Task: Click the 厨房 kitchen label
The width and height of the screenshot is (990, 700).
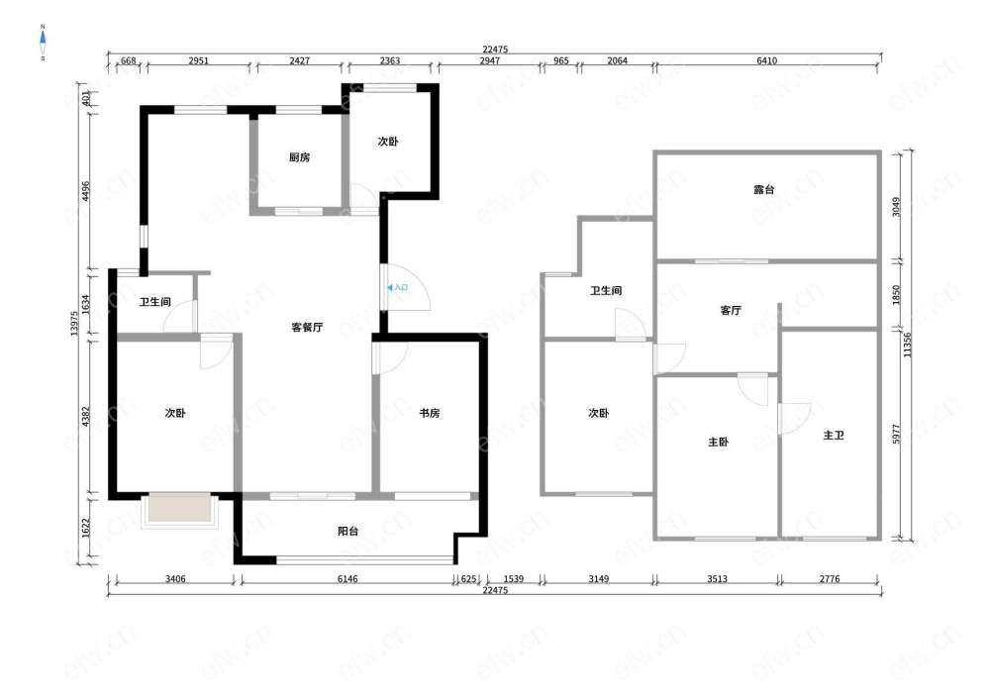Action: pyautogui.click(x=299, y=157)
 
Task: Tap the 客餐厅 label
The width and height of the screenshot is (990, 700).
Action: pyautogui.click(x=308, y=327)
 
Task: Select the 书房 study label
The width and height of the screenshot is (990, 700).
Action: pyautogui.click(x=430, y=413)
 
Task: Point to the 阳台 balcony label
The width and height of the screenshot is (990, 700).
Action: pyautogui.click(x=347, y=531)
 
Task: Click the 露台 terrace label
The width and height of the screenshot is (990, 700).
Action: pyautogui.click(x=764, y=189)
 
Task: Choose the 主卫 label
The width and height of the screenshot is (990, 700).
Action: pyautogui.click(x=834, y=435)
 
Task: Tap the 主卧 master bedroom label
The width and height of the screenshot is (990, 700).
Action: pyautogui.click(x=718, y=442)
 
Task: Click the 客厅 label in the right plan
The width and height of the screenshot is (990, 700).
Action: pyautogui.click(x=731, y=310)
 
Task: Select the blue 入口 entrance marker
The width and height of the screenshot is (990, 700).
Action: pyautogui.click(x=398, y=287)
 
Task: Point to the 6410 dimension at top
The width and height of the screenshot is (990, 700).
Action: pyautogui.click(x=766, y=60)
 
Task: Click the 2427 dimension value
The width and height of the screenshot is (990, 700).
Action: pyautogui.click(x=299, y=60)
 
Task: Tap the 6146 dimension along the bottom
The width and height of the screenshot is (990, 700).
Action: pyautogui.click(x=347, y=578)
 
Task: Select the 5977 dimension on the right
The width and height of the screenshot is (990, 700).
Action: pyautogui.click(x=897, y=434)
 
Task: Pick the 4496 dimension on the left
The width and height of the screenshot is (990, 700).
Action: pyautogui.click(x=86, y=191)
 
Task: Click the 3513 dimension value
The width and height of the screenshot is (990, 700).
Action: pyautogui.click(x=717, y=578)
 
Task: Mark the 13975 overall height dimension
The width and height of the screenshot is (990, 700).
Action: pyautogui.click(x=74, y=323)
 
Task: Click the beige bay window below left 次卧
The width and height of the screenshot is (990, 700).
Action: pyautogui.click(x=180, y=508)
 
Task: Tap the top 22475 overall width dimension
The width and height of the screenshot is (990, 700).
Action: pyautogui.click(x=495, y=50)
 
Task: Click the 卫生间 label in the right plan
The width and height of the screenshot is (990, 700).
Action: pyautogui.click(x=606, y=290)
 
